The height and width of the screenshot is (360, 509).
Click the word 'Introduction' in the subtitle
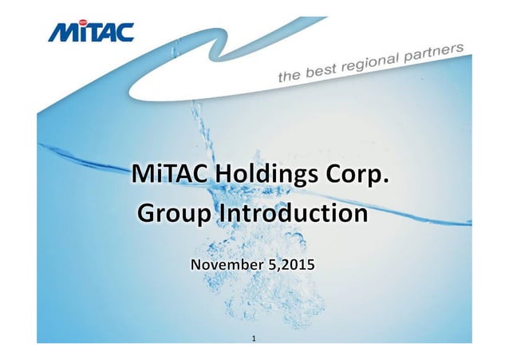(294, 214)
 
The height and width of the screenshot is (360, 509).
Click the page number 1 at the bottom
(254, 339)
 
